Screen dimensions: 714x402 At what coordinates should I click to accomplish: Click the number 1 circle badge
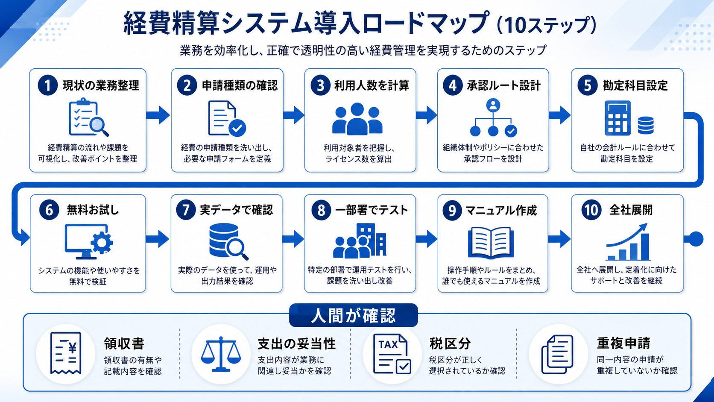pos(47,85)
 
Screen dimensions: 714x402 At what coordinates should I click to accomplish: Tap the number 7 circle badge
pos(185,210)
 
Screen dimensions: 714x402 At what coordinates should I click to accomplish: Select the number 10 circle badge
pos(591,210)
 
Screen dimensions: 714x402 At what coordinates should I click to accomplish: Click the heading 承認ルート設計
pos(503,85)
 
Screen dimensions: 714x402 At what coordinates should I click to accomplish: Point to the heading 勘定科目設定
pos(635,85)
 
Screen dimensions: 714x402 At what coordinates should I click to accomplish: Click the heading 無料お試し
pos(93,210)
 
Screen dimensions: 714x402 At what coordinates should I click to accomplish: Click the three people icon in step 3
pos(357,119)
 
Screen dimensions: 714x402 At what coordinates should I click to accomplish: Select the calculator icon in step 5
pos(617,118)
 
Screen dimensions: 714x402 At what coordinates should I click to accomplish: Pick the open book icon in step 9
pos(491,243)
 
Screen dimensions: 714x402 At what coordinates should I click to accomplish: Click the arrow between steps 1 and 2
pos(158,115)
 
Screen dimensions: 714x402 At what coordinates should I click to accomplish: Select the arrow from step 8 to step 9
pos(427,239)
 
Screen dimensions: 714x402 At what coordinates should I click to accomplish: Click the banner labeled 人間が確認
pos(353,315)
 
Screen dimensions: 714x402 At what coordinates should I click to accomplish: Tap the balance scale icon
pos(221,354)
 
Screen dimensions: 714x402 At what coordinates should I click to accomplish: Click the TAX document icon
pos(392,354)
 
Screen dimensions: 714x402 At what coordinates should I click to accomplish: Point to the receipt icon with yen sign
pos(66,353)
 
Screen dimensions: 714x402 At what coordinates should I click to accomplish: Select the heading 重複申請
pos(623,343)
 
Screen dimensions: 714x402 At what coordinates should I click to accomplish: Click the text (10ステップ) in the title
pos(546,25)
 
